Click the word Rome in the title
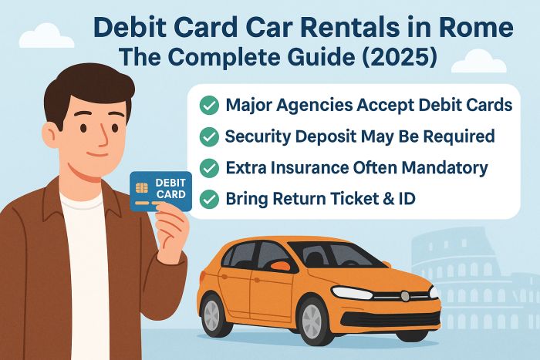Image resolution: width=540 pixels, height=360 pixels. [474, 29]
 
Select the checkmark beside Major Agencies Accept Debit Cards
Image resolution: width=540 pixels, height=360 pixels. [208, 106]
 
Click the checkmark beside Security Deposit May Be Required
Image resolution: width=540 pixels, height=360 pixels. [208, 136]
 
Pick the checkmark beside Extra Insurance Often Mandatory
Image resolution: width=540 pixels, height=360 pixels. [208, 167]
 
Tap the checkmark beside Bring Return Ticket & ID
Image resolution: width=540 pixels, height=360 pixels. [208, 198]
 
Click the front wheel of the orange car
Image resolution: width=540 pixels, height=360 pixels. [313, 321]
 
